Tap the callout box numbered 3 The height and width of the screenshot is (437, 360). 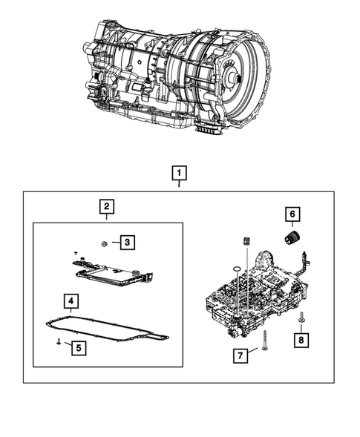pyautogui.click(x=128, y=242)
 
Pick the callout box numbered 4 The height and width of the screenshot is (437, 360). pyautogui.click(x=70, y=300)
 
